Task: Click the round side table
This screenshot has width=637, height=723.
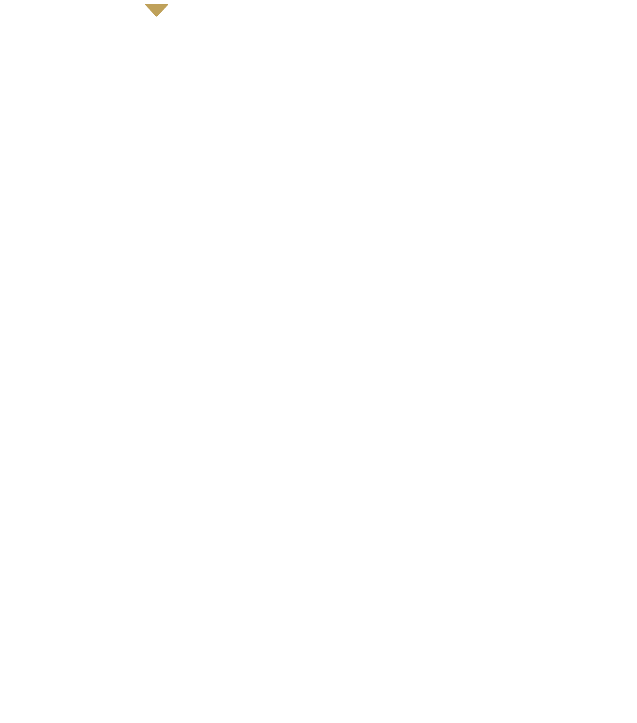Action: point(353,561)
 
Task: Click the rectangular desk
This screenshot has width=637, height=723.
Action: point(129,583)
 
